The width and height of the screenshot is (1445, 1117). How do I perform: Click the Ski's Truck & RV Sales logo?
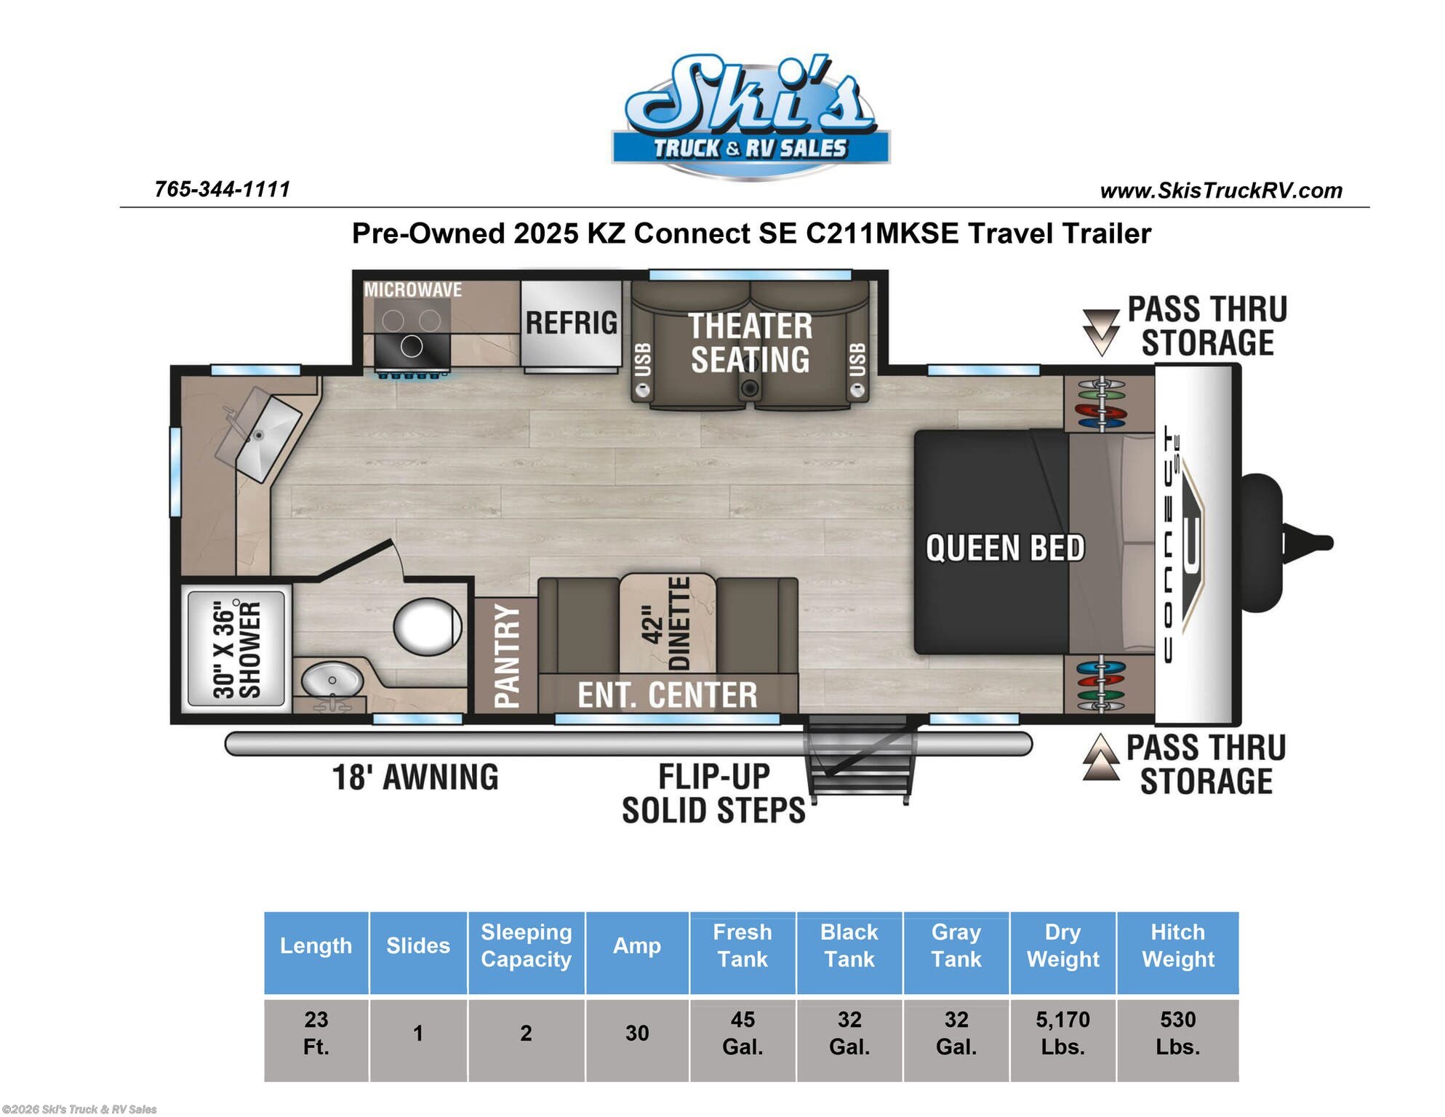pos(750,116)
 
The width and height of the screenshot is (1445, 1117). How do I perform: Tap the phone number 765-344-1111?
pos(223,189)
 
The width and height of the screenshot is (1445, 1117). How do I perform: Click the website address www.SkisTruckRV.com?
pos(1221,191)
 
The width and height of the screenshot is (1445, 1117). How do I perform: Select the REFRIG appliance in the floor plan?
pos(572,324)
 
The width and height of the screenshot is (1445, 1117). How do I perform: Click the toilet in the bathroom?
pos(428,626)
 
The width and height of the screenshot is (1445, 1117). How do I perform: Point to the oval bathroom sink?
pos(332,681)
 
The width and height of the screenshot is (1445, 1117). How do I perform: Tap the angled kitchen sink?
pos(259,434)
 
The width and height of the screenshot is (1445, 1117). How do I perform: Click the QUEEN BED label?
pos(1004,548)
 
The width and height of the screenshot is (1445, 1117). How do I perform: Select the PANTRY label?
pos(506,655)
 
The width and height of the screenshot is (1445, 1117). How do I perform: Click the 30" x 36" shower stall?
pos(236,649)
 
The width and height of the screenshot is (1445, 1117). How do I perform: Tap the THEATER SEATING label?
pos(750,343)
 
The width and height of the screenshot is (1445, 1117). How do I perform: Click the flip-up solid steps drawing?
pos(860,758)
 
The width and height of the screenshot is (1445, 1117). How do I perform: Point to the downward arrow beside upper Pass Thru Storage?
pos(1101,332)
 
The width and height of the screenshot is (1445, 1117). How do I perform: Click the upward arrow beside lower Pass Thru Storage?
pos(1101,757)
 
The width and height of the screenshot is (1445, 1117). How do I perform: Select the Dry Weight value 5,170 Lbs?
pos(1062,1033)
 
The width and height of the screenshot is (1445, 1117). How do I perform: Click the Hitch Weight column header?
pos(1177,945)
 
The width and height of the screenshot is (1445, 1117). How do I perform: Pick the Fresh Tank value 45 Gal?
pos(742,1033)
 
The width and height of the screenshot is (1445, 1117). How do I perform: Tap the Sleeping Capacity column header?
pos(527,945)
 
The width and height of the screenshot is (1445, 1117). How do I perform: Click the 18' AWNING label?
pos(415,777)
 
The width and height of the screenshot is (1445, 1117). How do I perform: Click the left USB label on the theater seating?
pos(643,360)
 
